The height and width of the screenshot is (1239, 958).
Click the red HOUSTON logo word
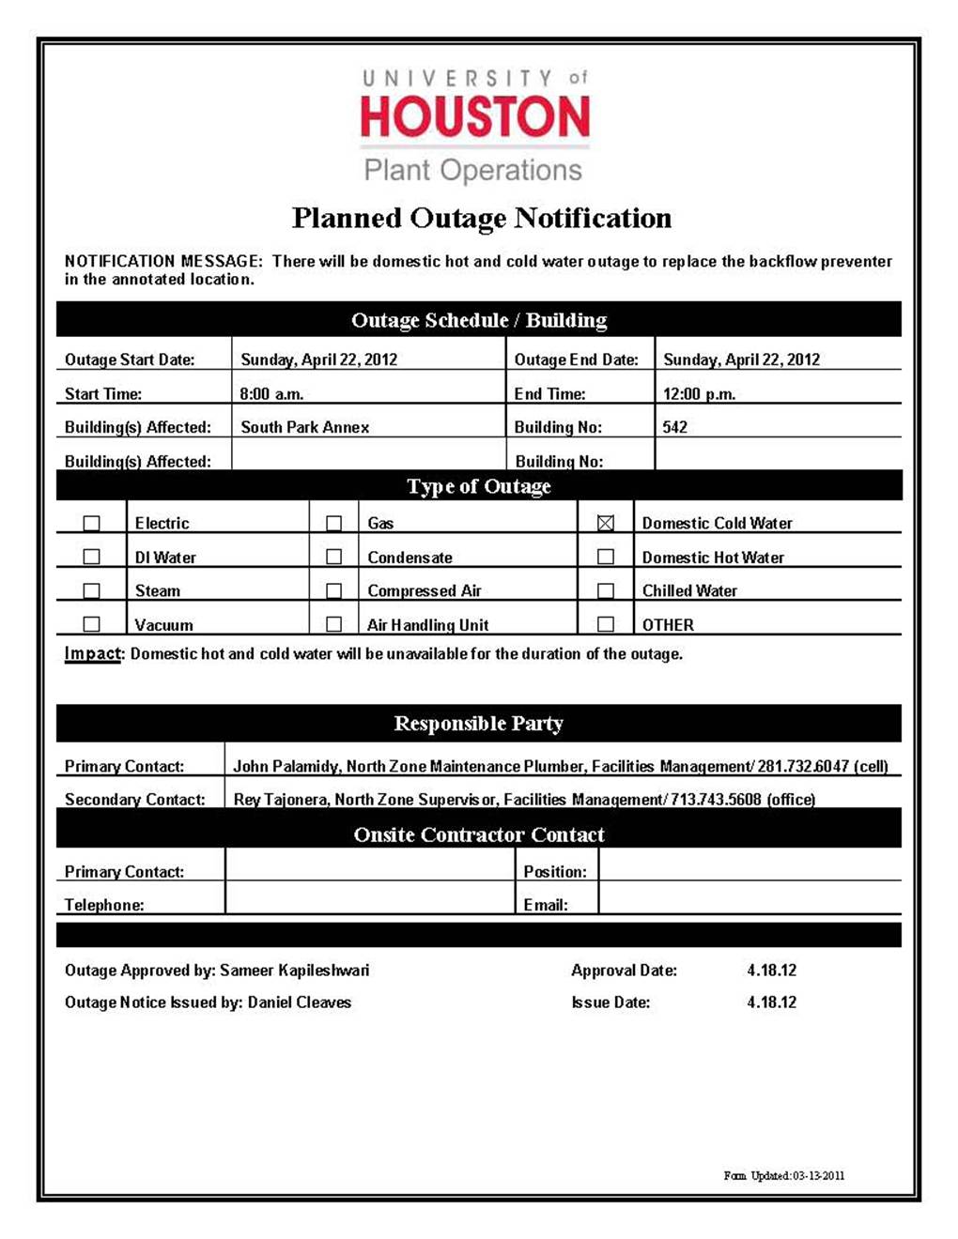point(474,116)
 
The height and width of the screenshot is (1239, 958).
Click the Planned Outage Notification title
point(481,218)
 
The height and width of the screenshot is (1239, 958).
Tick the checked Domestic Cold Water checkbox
point(606,523)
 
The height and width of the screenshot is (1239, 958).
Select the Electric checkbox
point(91,523)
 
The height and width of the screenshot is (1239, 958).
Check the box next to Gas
point(333,523)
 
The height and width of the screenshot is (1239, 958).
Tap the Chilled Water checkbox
point(606,590)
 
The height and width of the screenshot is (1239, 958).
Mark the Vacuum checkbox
point(91,624)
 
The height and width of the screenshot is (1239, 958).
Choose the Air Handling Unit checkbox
point(333,624)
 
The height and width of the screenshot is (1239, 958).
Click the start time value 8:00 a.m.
point(271,394)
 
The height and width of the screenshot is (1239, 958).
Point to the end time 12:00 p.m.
point(699,394)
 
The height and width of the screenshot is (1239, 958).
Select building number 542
point(674,427)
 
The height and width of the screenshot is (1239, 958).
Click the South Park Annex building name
point(304,427)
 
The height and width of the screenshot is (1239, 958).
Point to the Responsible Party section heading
point(478,724)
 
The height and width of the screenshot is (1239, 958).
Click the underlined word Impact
point(92,653)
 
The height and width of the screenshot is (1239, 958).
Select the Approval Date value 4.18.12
point(771,971)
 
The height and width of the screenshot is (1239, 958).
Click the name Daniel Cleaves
point(299,1002)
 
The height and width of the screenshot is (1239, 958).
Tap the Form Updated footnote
point(783,1175)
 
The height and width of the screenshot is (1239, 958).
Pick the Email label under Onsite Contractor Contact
point(545,905)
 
